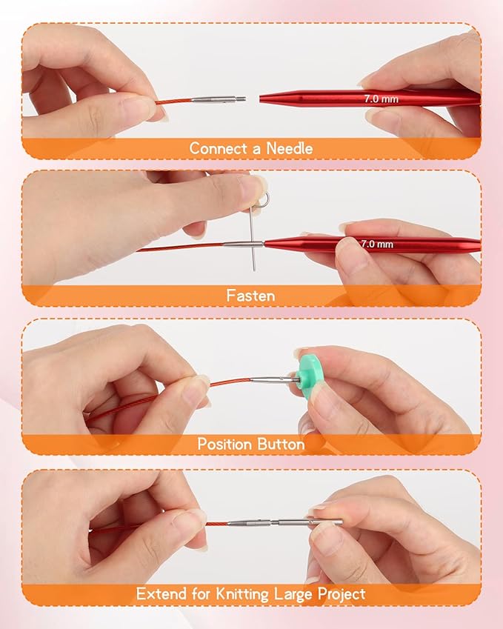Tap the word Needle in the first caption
point(290,148)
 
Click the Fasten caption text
point(250,296)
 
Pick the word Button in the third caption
point(281,445)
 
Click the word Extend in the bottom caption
point(159,593)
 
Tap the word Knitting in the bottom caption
point(250,593)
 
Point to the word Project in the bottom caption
point(339,593)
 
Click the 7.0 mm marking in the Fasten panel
point(377,243)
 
